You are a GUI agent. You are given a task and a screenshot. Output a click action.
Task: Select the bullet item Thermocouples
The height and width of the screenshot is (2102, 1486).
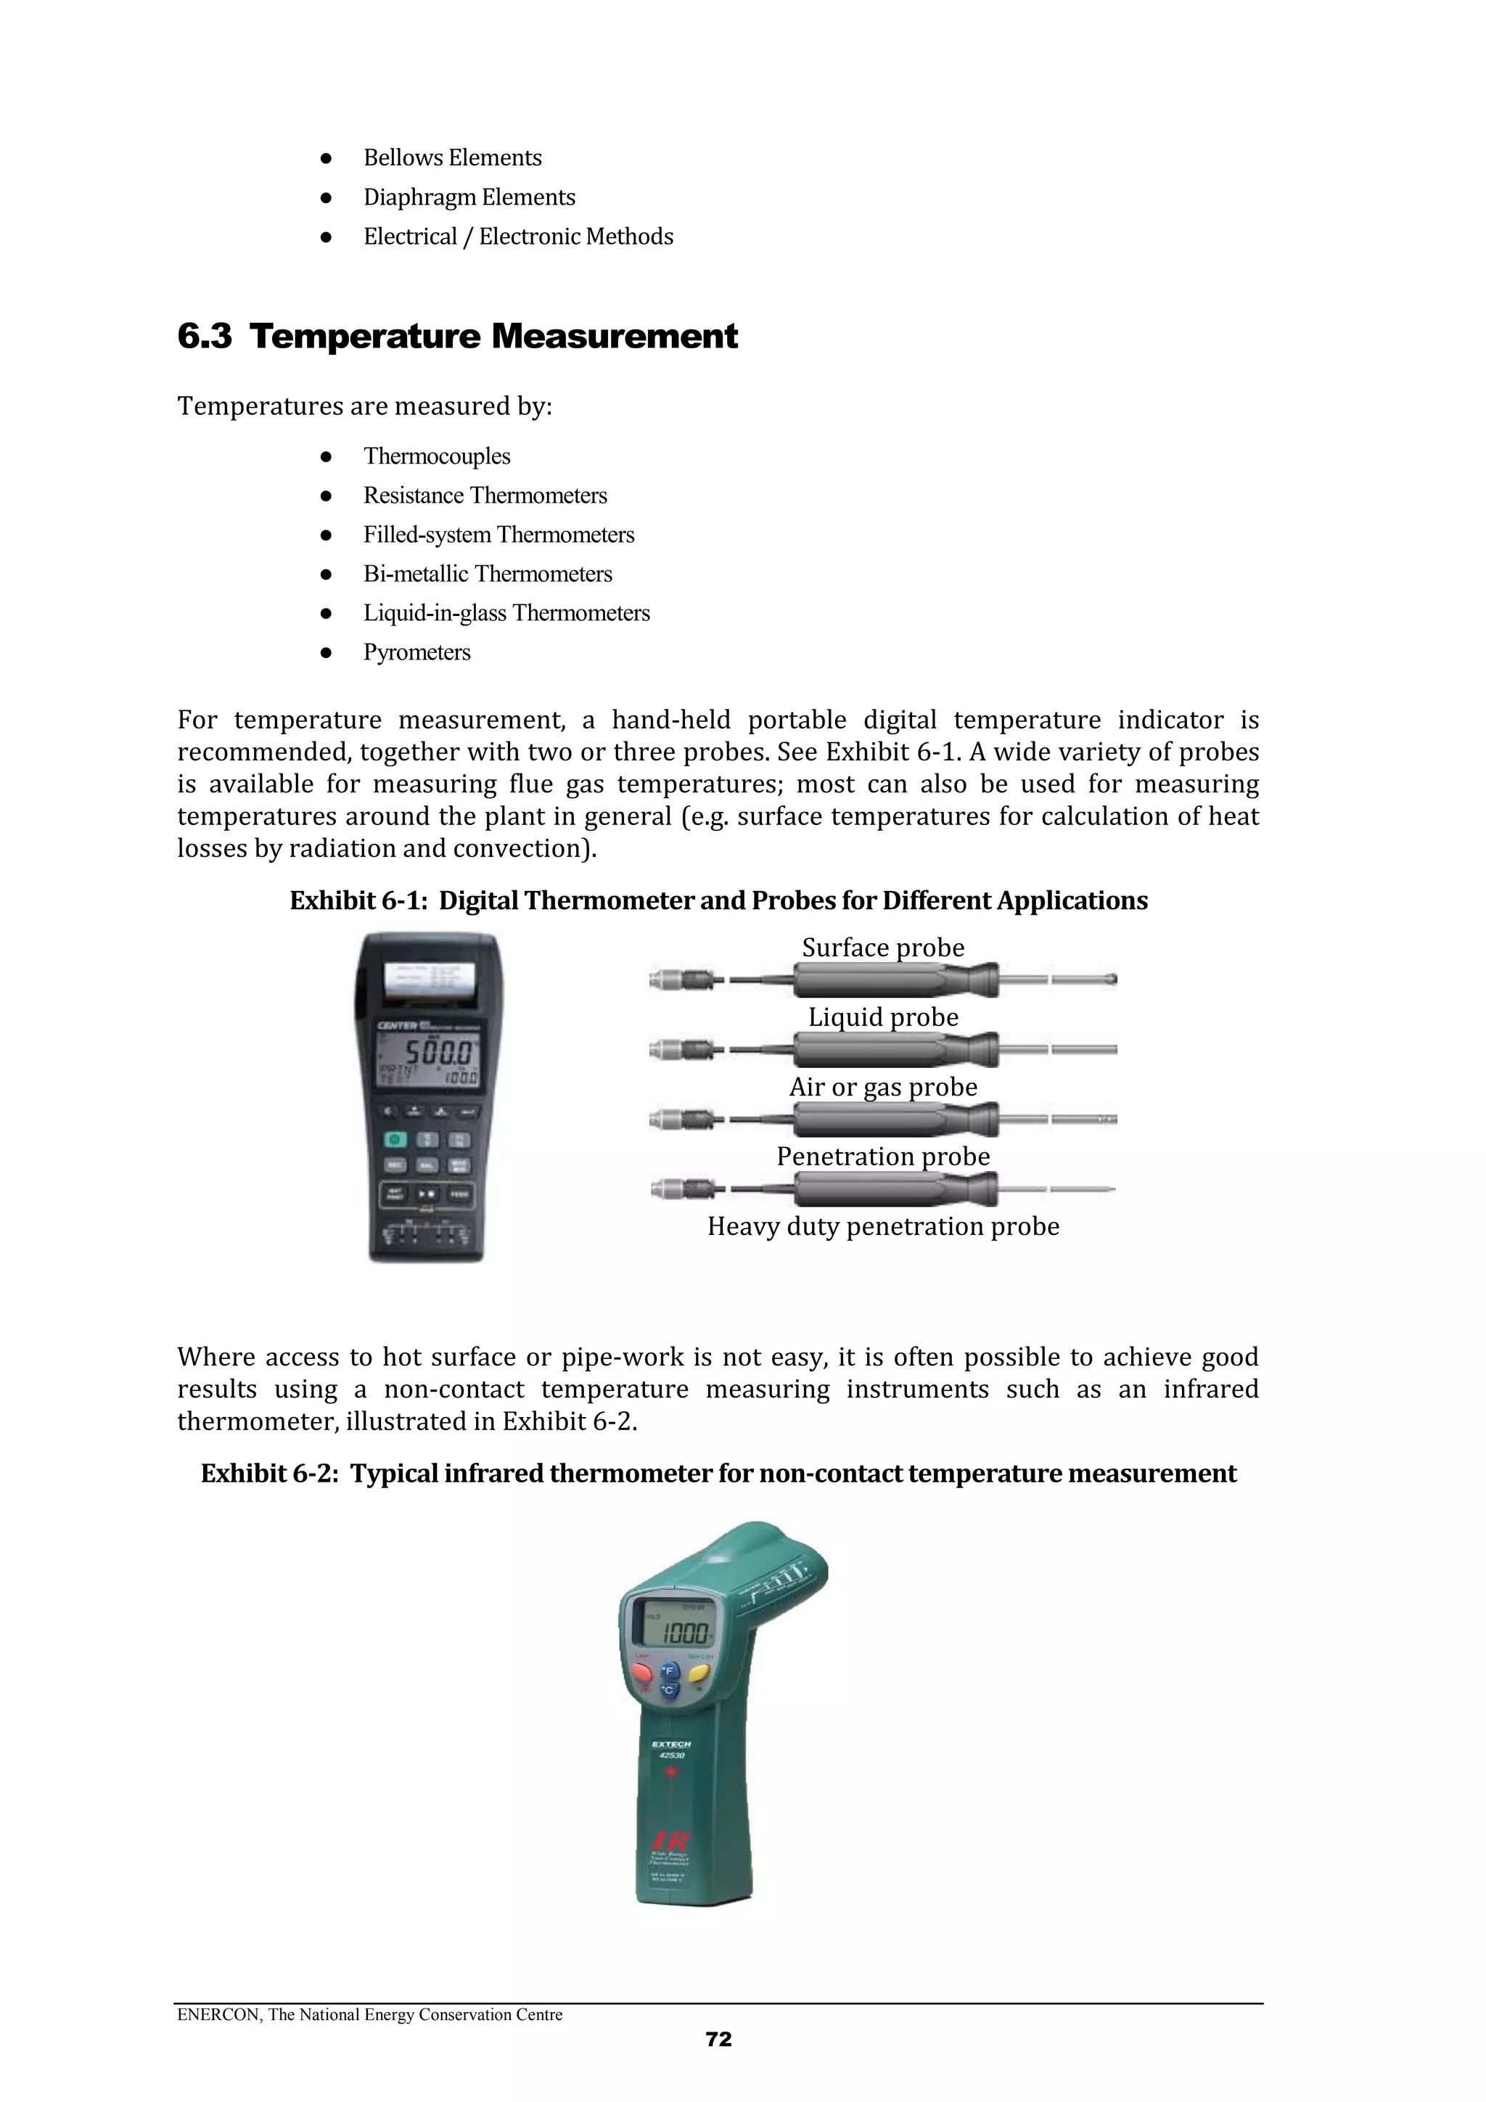[x=437, y=456]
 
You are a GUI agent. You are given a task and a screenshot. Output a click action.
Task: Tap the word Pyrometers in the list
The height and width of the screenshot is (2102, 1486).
[x=416, y=653]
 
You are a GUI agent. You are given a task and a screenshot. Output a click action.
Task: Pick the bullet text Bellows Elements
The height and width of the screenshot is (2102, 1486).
[x=452, y=157]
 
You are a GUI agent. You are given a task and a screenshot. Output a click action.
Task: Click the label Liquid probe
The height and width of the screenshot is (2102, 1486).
[x=882, y=1017]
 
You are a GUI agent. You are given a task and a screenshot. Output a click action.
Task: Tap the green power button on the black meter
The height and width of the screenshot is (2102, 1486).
[x=395, y=1140]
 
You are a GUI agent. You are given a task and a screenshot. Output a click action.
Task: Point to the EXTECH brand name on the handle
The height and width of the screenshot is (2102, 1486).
[x=671, y=1744]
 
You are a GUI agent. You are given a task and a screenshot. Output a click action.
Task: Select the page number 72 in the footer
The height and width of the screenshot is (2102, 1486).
[x=719, y=2039]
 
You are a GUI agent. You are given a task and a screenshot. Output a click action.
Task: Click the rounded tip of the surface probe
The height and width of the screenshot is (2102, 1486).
[x=1112, y=980]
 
